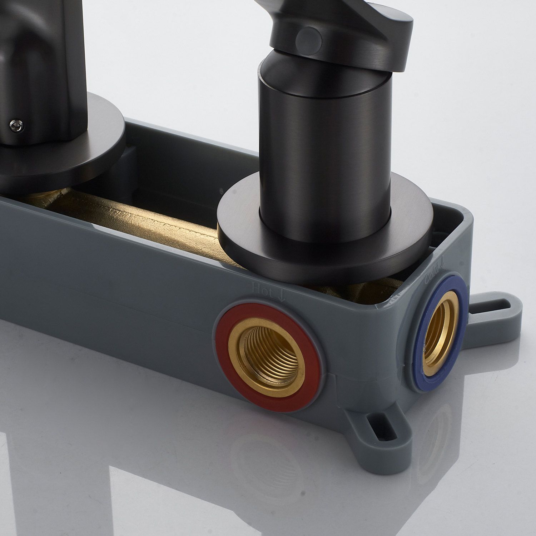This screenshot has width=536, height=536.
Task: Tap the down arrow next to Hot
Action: (x=281, y=295)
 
